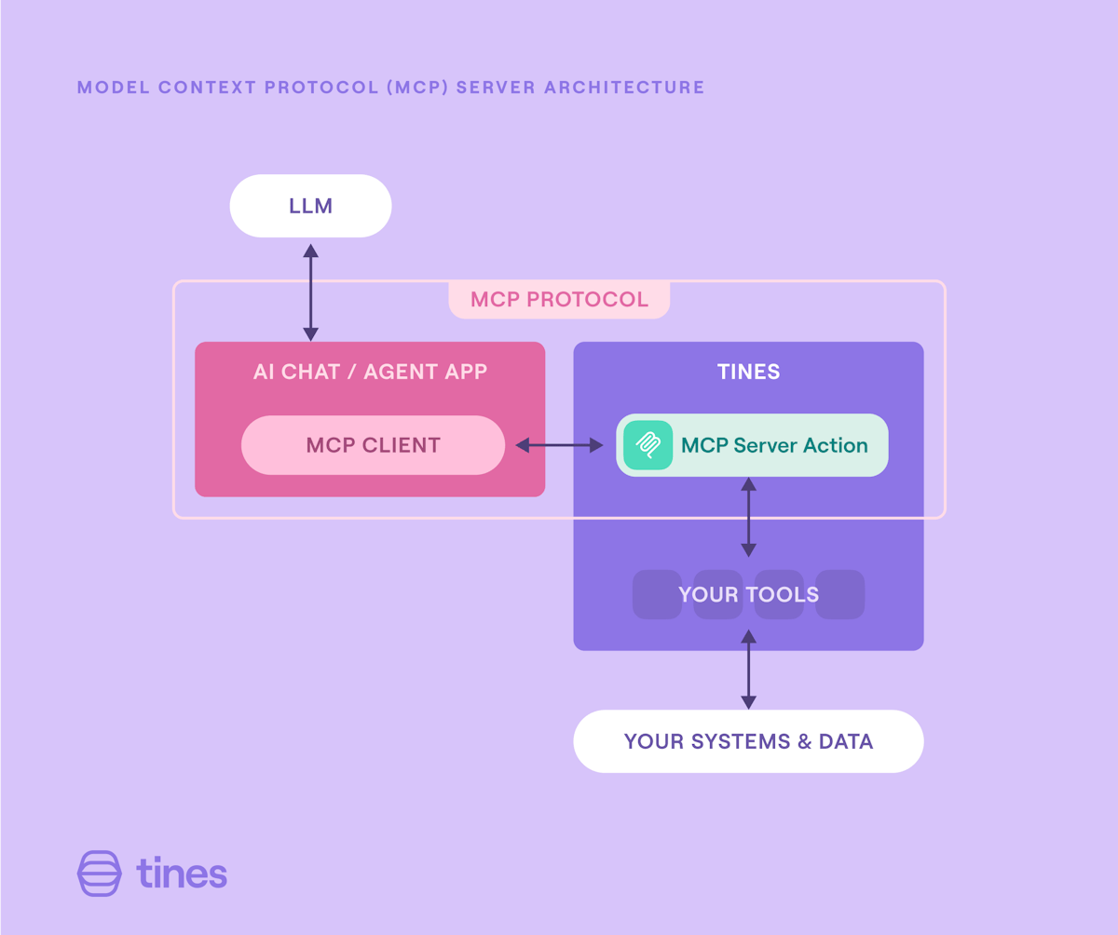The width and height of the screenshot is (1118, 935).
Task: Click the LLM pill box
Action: coord(310,206)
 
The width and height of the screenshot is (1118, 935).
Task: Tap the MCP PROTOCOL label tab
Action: coord(559,300)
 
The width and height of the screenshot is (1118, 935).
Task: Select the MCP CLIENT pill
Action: coord(373,445)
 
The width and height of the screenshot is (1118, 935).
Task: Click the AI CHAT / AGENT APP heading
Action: coord(370,372)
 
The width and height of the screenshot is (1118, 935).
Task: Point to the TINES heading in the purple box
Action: coord(748,372)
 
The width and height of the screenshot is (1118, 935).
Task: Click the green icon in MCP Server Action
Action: coord(648,445)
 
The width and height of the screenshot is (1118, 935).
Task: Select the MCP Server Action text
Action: coord(774,445)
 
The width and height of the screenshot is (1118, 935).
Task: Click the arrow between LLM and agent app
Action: coord(310,292)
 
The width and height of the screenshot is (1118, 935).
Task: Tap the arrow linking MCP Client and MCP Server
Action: coord(559,446)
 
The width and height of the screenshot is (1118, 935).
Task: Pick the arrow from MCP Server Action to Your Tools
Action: coord(748,517)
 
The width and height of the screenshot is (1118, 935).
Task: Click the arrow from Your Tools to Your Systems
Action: coord(748,669)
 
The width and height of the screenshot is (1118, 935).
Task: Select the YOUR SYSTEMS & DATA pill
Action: coord(748,741)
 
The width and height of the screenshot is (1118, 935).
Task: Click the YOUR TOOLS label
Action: coord(748,594)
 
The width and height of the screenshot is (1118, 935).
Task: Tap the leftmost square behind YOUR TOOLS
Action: coord(655,594)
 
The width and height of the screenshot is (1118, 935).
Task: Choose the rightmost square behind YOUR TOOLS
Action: coord(841,594)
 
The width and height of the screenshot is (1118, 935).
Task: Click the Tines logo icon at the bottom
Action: coord(99,874)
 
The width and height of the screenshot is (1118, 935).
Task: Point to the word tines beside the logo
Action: coord(182,874)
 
